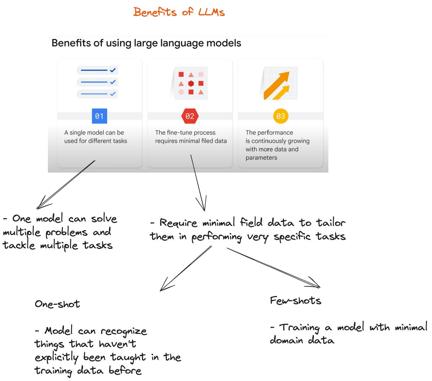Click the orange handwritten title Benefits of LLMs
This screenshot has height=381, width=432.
pos(179,12)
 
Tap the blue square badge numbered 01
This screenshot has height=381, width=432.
pos(99,116)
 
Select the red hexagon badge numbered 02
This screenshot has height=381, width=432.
pos(190,116)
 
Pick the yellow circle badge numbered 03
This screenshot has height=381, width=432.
pos(280,116)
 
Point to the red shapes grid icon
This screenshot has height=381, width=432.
pos(191,83)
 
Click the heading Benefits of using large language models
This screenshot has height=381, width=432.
pos(146,43)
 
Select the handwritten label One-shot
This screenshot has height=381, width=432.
pos(58,304)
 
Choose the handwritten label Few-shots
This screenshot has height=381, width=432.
pos(295,301)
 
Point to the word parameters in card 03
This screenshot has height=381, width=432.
pos(261,158)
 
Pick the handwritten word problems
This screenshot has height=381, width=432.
pos(66,233)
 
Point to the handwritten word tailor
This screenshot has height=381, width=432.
pos(331,223)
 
